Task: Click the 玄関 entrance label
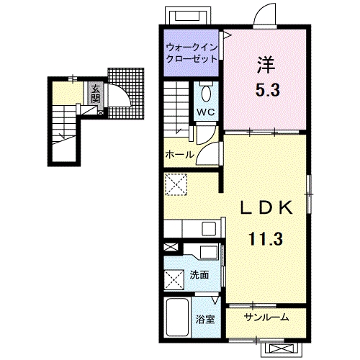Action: (95, 94)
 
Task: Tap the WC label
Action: (206, 112)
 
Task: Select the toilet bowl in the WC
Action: (206, 94)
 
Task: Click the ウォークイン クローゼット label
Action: (192, 53)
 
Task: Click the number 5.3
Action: (267, 90)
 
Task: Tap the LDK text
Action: (266, 207)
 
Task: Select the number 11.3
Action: (266, 238)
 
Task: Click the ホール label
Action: (180, 154)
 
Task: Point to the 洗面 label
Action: (199, 275)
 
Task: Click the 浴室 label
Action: (205, 320)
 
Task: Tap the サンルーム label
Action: (266, 318)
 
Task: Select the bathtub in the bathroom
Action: (178, 318)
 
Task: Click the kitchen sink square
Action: (209, 228)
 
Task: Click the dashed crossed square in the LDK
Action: (176, 184)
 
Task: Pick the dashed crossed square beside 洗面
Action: (174, 280)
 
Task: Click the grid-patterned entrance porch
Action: (126, 94)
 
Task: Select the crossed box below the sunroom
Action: (282, 348)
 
